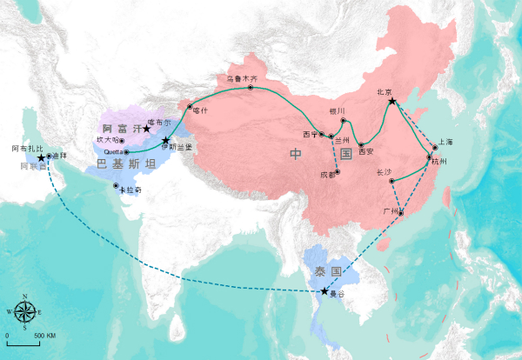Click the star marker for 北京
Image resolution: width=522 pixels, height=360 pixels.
392,102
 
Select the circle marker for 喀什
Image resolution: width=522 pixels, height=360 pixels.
190,107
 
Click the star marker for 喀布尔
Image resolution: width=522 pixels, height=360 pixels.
147,130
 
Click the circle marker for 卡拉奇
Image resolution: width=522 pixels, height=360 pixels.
117,185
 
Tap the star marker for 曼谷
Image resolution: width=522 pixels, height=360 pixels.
325,291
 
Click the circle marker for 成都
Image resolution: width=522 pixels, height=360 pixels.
338,169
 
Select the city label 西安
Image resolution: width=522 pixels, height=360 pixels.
365,151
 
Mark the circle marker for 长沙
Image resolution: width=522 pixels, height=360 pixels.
392,181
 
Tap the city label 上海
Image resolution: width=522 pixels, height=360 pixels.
446,141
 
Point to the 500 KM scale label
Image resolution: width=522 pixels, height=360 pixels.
45,336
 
